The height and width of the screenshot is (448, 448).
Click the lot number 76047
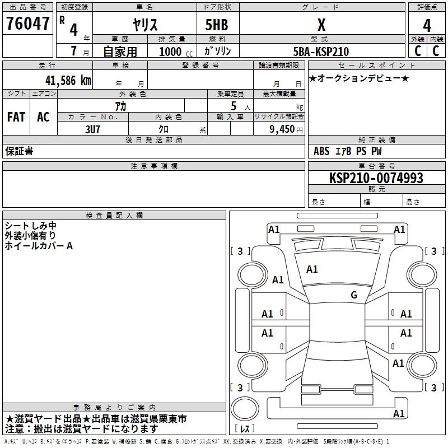click(27, 23)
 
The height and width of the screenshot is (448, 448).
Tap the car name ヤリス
click(145, 25)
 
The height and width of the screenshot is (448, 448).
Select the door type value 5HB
click(217, 25)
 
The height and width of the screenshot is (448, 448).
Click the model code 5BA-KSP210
click(321, 52)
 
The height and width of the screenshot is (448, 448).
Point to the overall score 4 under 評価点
click(427, 25)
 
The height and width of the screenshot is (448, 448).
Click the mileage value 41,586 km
click(68, 81)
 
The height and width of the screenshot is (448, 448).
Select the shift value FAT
click(16, 117)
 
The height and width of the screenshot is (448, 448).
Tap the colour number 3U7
click(92, 129)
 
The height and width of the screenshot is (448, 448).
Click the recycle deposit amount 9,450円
click(286, 129)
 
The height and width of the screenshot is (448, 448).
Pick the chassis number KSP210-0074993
click(376, 178)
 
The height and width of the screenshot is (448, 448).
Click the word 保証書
click(19, 151)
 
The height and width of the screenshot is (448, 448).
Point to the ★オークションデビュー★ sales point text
click(359, 78)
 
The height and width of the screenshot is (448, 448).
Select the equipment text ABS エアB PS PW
click(347, 151)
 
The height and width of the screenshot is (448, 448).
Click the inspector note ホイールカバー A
click(39, 246)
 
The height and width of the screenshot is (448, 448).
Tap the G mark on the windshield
click(354, 295)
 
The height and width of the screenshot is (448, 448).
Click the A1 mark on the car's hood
click(312, 269)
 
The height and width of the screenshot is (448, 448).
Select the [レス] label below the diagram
click(245, 428)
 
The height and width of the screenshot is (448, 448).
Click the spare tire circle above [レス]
click(245, 409)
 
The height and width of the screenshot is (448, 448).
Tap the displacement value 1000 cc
click(176, 52)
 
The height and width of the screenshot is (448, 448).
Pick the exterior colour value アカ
click(120, 106)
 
